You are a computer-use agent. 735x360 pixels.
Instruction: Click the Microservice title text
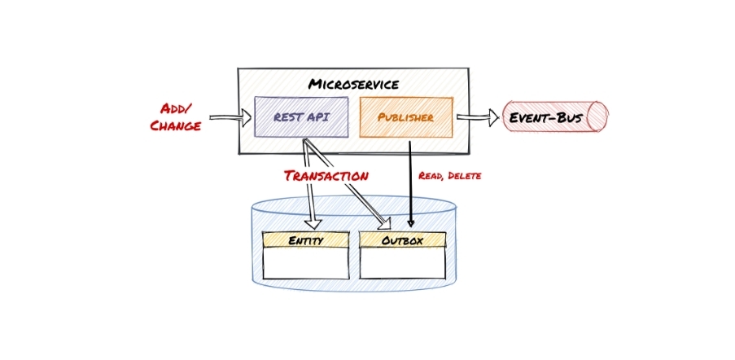(x=353, y=84)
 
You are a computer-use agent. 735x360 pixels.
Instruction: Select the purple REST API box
(x=301, y=116)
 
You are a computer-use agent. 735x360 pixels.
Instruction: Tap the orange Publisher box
(x=406, y=117)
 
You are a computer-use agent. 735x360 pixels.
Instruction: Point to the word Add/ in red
(x=176, y=109)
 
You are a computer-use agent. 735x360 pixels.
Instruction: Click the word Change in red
(x=175, y=126)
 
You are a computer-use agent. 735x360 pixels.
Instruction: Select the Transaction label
(x=326, y=176)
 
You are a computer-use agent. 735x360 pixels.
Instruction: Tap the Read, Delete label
(x=449, y=176)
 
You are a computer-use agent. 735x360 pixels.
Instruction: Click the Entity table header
(x=305, y=240)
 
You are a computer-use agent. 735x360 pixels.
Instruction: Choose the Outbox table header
(x=402, y=240)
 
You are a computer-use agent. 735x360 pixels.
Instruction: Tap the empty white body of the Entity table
(x=305, y=263)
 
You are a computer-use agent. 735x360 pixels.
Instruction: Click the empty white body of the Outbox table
(x=402, y=263)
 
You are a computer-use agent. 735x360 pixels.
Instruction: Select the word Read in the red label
(x=429, y=176)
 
